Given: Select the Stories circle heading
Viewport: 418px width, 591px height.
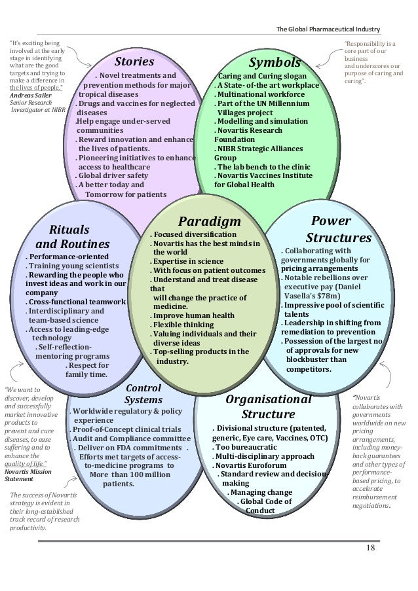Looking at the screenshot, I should coord(134,62).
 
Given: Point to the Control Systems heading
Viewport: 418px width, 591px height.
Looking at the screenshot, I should coord(143,393).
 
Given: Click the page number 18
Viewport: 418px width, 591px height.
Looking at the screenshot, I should coord(371,547).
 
